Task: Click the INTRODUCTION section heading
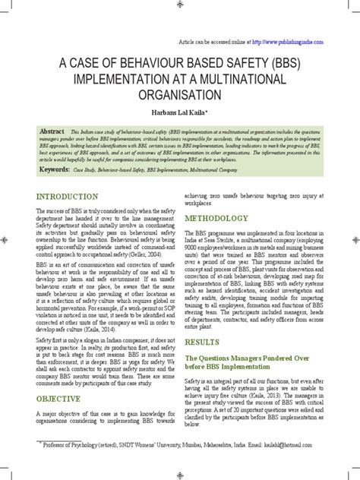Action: [x=68, y=197]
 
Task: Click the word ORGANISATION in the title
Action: [x=179, y=95]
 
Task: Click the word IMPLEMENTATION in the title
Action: [x=128, y=79]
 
